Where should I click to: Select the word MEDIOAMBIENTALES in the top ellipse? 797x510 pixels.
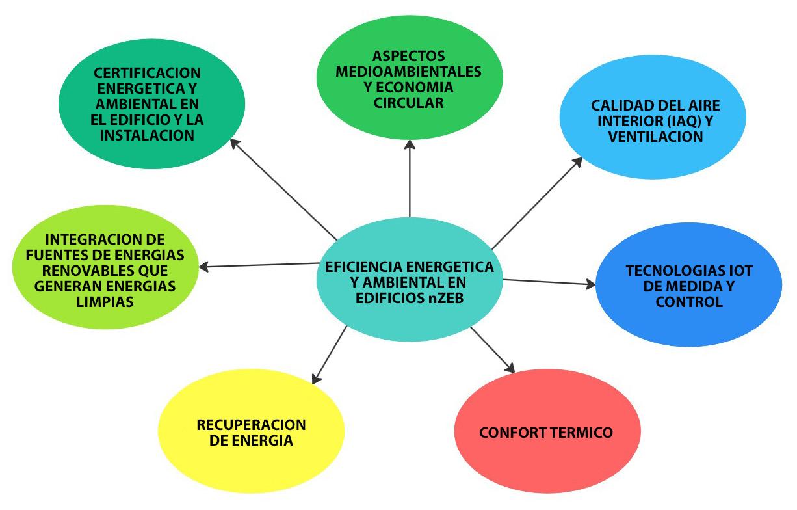pyautogui.click(x=409, y=71)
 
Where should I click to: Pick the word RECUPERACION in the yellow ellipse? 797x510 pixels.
pyautogui.click(x=251, y=425)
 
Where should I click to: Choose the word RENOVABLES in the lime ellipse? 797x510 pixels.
pyautogui.click(x=81, y=270)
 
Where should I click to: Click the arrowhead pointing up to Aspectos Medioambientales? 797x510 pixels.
pyautogui.click(x=410, y=144)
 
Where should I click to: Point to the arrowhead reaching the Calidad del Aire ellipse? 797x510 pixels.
pyautogui.click(x=578, y=161)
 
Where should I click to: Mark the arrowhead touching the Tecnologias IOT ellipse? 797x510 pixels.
pyautogui.click(x=590, y=284)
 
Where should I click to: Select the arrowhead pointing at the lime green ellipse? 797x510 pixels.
pyautogui.click(x=203, y=267)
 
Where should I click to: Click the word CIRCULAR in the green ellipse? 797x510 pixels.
pyautogui.click(x=409, y=102)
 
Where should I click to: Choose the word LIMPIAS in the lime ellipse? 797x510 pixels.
pyautogui.click(x=104, y=301)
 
